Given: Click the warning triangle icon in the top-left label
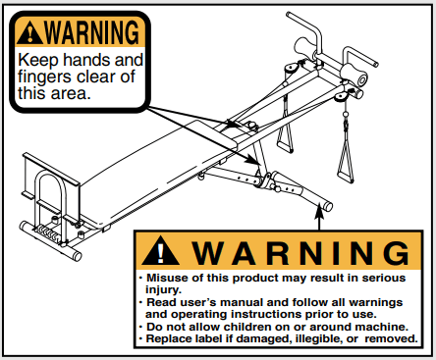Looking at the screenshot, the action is pos(29,33).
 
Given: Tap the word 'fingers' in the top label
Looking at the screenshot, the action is pos(44,77).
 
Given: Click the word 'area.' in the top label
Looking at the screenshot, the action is pos(70,93).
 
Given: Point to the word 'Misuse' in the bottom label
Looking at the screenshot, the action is pos(167,278).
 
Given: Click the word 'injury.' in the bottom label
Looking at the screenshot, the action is pos(163,290).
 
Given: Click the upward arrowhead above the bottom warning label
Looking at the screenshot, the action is pos(319,212).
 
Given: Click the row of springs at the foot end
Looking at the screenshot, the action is pos(47,232).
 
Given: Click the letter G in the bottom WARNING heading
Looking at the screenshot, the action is pos(397,253).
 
